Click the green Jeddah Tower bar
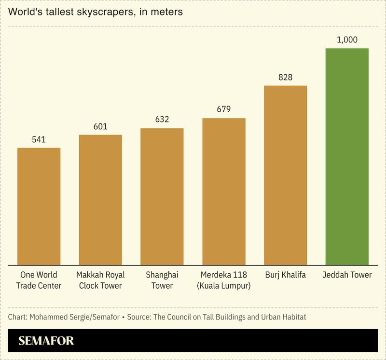point(347,157)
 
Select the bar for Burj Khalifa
point(285,175)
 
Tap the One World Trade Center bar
point(39,206)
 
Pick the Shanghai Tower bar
point(162,197)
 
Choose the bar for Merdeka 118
point(224,191)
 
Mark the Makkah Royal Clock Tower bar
point(100,200)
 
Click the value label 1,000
point(347,40)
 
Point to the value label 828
point(285,77)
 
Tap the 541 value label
point(39,140)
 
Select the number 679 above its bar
point(224,109)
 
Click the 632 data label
point(162,120)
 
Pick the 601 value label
point(100,127)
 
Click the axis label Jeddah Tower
point(347,275)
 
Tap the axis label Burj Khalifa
point(285,275)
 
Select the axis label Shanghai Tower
point(162,280)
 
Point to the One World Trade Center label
point(39,280)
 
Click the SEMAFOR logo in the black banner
point(46,341)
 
